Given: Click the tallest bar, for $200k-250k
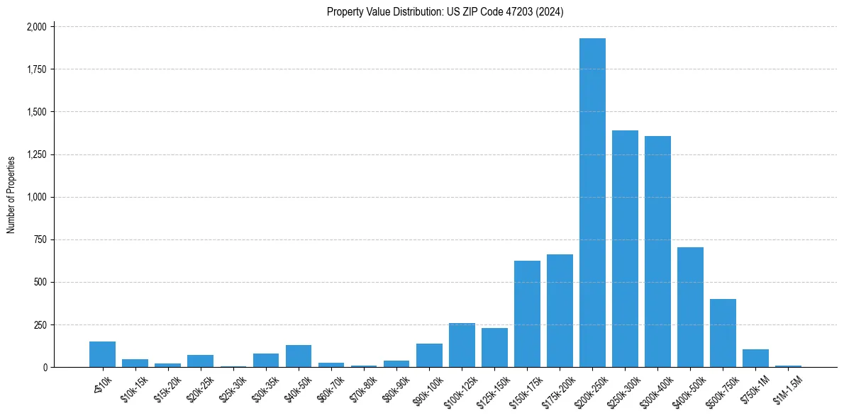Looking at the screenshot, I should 592,203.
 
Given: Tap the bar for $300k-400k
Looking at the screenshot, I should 657,252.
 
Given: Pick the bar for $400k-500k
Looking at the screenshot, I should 690,307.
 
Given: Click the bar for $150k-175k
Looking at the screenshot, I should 527,314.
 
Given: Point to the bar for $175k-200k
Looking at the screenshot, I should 560,311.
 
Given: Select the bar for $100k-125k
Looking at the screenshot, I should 462,345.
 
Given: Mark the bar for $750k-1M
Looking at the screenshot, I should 755,358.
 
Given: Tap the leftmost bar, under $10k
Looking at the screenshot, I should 102,354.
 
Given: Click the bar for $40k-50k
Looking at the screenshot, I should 299,356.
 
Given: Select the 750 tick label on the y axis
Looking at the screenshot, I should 41,239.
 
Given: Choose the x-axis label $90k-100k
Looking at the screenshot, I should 428,388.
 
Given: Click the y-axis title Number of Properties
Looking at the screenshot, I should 11,195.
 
